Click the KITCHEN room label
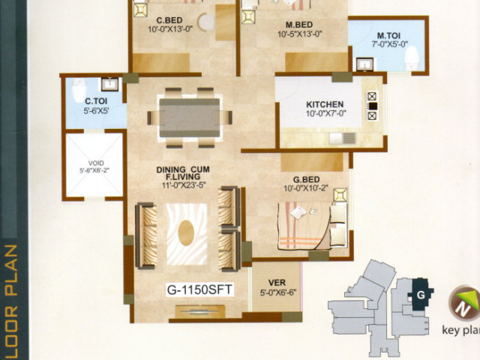(325, 104)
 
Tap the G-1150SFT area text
(200, 289)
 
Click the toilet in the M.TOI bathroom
(412, 58)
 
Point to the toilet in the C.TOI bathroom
(79, 89)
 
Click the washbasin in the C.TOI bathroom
(109, 84)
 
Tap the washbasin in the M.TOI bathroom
(364, 64)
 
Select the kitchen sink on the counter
(343, 138)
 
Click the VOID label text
(96, 163)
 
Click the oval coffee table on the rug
(186, 232)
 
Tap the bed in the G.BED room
(312, 226)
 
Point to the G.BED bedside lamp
(340, 195)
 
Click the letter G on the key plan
(421, 295)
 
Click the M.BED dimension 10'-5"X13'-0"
(300, 34)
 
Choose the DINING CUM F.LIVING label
(183, 173)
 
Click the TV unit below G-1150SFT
(200, 311)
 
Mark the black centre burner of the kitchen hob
(373, 106)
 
